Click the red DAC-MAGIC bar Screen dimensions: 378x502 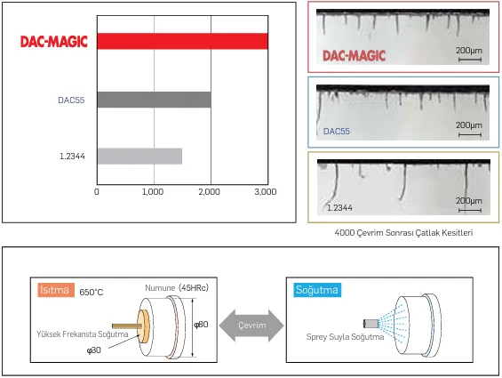182,42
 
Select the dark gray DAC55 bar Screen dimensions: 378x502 154,100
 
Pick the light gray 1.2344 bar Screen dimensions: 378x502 139,157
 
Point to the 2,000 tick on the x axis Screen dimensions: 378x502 210,191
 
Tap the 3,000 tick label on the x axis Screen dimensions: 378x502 266,191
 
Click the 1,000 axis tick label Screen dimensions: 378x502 154,191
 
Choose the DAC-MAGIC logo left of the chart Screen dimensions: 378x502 54,42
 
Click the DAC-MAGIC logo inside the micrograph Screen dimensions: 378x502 355,55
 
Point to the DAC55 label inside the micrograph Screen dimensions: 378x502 337,131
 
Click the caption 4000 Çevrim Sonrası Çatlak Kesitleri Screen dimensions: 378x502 403,232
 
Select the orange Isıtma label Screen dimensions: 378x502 55,290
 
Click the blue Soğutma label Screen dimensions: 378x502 316,290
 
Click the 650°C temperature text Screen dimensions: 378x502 92,292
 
